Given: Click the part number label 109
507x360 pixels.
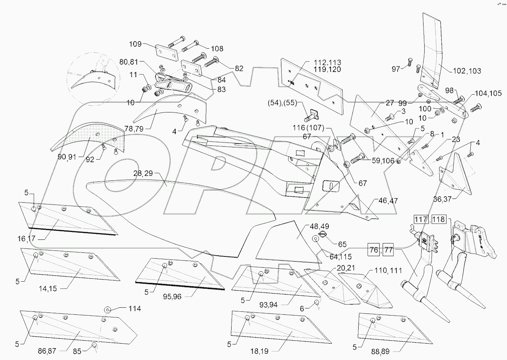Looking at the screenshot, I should (x=135, y=44).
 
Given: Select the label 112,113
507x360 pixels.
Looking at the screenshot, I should (x=327, y=62).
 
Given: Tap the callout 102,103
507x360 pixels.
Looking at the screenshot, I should (x=467, y=71).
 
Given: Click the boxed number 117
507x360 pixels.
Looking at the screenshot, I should (x=421, y=219).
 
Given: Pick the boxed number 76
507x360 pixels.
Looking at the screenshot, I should (x=374, y=249).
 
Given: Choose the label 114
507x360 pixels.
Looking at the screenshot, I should (x=135, y=308).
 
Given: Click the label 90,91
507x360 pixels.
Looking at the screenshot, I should (x=67, y=157).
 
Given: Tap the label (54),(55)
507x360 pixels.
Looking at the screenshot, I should (x=282, y=103).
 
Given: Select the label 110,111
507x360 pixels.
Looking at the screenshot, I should (x=388, y=271).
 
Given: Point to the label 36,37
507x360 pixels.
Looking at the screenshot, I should (x=442, y=199).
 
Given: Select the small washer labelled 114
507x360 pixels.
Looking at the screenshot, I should (x=108, y=309).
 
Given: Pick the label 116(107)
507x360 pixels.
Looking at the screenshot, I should (x=309, y=128).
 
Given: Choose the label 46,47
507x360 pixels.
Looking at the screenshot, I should (x=388, y=201).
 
